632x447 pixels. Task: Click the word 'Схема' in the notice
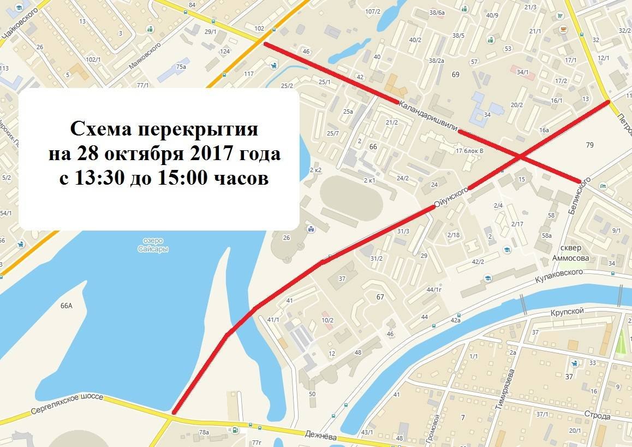pyautogui.click(x=100, y=130)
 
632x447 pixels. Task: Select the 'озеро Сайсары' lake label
pyautogui.click(x=153, y=245)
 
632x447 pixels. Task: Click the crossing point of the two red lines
pyautogui.click(x=520, y=157)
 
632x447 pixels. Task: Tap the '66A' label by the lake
pyautogui.click(x=66, y=306)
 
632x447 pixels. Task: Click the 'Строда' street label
pyautogui.click(x=600, y=416)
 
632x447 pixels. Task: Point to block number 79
pyautogui.click(x=589, y=145)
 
